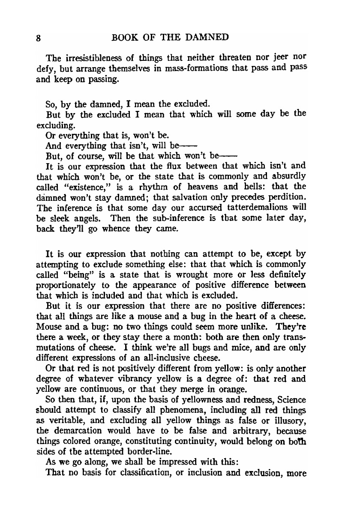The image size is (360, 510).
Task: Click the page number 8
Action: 39,38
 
